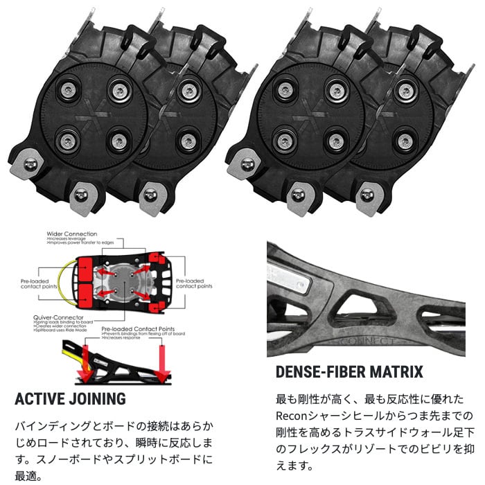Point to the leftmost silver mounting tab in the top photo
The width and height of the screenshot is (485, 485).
pyautogui.click(x=30, y=164)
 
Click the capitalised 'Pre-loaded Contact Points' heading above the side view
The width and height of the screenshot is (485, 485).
pyautogui.click(x=138, y=330)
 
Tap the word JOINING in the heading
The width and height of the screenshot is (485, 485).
pyautogui.click(x=98, y=399)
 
